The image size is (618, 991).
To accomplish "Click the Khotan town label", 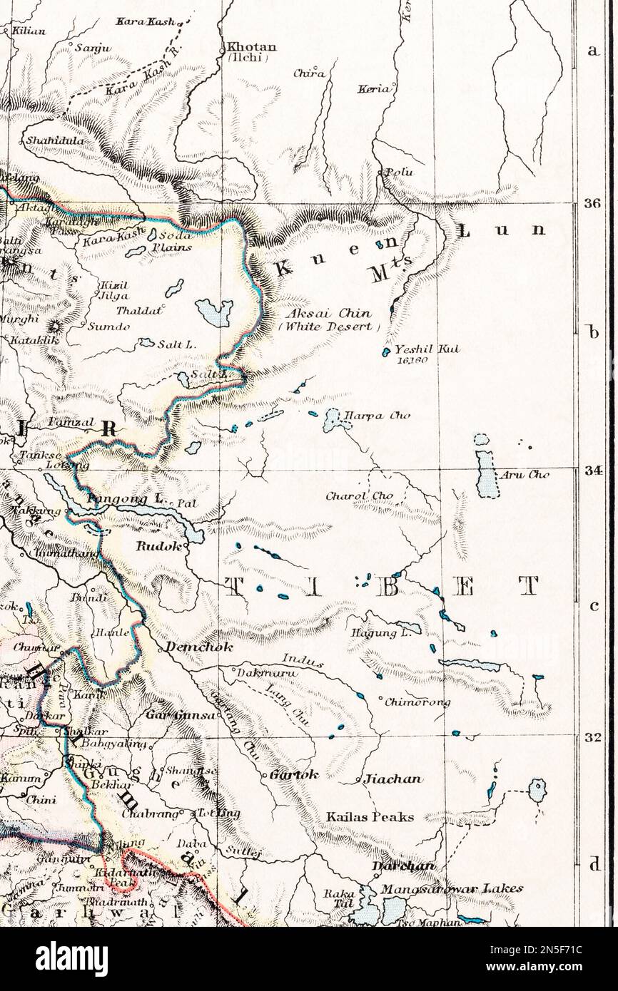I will [250, 47].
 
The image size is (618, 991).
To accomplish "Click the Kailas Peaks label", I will [370, 817].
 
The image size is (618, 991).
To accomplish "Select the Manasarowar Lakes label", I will [451, 888].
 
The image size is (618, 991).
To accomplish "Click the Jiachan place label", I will [392, 779].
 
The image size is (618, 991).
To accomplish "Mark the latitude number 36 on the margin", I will [592, 203].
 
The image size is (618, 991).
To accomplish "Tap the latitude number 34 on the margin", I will [592, 471].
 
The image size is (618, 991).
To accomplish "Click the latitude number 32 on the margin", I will [592, 737].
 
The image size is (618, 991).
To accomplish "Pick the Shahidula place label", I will [55, 140].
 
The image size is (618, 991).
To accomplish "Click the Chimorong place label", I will [417, 702].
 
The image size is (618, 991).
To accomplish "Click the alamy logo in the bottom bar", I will [71, 959].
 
